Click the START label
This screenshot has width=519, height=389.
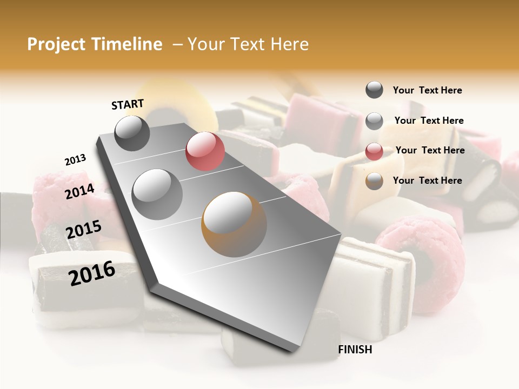[128, 104]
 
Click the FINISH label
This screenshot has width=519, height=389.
[355, 350]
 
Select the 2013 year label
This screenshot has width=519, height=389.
[75, 160]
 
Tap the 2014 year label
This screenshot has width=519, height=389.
[80, 191]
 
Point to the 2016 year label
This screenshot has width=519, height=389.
[92, 273]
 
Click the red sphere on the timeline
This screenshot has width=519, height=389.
[205, 151]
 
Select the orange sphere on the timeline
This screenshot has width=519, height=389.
[234, 224]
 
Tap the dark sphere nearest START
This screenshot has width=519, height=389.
[132, 133]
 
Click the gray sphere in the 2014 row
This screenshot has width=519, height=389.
[157, 194]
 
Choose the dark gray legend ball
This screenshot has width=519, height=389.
[374, 90]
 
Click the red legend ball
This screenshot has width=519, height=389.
[374, 151]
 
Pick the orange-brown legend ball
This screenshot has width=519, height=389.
[374, 181]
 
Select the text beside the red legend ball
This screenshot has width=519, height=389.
[430, 150]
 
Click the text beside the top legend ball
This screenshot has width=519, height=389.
[427, 90]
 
